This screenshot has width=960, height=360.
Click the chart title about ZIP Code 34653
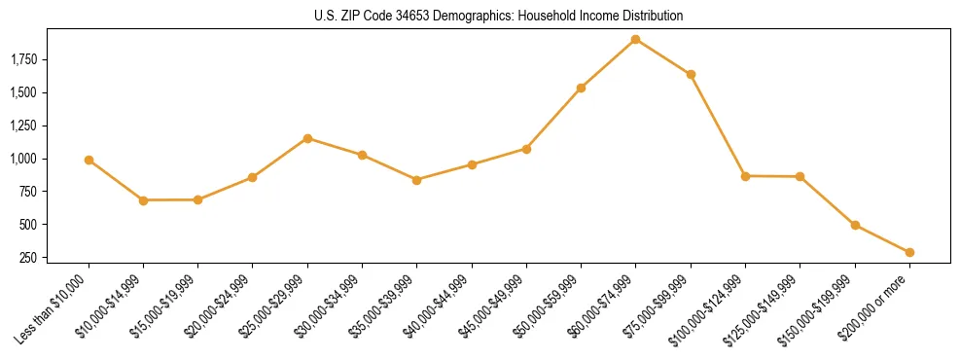[x=499, y=16]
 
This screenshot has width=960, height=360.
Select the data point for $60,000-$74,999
[x=635, y=40]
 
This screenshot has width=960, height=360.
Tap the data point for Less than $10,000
[x=89, y=160]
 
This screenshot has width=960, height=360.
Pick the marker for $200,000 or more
[x=909, y=252]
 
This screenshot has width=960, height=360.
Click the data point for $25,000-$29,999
[x=307, y=138]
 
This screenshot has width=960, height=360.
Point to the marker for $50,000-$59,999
[x=581, y=88]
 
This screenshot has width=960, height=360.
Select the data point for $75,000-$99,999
[x=691, y=74]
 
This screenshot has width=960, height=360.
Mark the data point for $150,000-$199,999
[x=855, y=225]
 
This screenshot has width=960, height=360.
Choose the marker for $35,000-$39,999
[x=416, y=180]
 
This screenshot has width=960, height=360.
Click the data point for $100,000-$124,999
[x=745, y=176]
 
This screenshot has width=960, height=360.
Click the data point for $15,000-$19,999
[x=197, y=199]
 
